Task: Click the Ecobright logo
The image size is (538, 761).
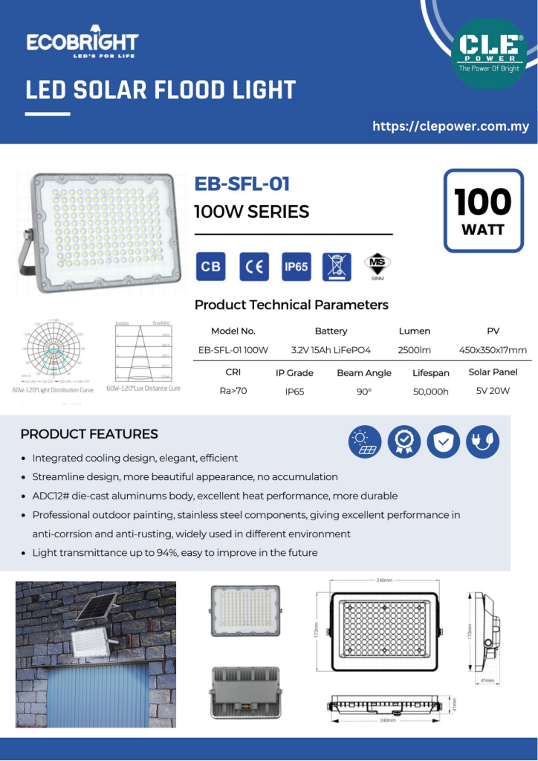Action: (82, 44)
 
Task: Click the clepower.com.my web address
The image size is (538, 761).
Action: (450, 126)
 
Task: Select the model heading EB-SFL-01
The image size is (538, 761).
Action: (242, 184)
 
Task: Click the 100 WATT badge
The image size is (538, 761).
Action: (483, 210)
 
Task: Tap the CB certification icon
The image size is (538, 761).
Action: (210, 267)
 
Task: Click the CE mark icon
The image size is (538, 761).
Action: (254, 267)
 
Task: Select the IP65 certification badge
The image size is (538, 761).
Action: (296, 267)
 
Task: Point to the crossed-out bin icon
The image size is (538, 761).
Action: (337, 267)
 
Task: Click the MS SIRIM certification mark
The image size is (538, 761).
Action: (377, 267)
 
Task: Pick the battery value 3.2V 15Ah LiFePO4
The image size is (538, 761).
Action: (331, 350)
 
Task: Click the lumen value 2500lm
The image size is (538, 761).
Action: (414, 350)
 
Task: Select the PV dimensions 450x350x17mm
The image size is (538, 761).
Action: (493, 350)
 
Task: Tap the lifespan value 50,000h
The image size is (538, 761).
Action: (430, 392)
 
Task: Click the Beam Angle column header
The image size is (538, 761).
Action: (363, 373)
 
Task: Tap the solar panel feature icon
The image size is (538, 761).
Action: (366, 442)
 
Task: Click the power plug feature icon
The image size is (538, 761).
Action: (483, 442)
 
